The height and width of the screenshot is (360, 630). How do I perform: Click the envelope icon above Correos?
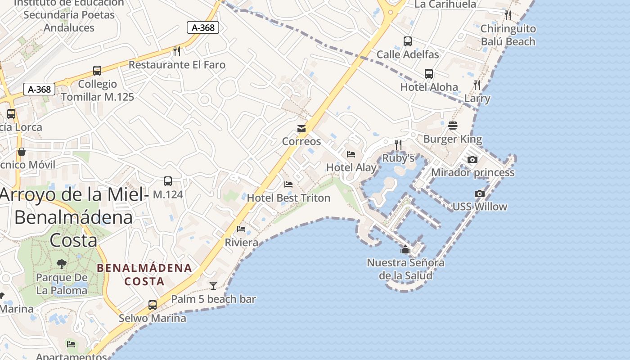pos(301,129)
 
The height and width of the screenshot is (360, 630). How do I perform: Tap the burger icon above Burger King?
pos(452,126)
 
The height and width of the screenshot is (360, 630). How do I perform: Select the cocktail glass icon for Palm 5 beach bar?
pos(213,285)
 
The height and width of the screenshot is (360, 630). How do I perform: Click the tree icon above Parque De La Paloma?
pos(62,264)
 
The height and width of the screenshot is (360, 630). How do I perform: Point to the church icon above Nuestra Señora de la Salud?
pos(405,249)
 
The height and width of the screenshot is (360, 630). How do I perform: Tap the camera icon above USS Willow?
pos(480,194)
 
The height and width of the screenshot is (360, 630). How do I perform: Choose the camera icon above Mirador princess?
pos(472,159)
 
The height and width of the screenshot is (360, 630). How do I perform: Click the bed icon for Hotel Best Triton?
pos(288,184)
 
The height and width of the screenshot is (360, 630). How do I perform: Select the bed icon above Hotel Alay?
pos(351,154)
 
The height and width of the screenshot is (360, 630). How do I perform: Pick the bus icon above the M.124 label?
pos(168,181)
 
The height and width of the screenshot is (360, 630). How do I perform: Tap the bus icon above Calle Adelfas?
pos(408,41)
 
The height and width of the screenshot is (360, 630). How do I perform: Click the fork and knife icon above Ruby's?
pos(398,144)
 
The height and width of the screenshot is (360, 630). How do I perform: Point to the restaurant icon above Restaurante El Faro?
pos(177,51)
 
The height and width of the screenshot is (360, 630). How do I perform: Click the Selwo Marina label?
pos(153,318)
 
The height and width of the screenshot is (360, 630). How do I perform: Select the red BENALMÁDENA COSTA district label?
pos(144,274)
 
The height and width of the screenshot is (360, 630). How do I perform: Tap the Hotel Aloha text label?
pos(429,87)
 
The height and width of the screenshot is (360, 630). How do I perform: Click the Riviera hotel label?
pos(242,243)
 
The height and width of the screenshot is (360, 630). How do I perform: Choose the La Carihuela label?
pos(445,4)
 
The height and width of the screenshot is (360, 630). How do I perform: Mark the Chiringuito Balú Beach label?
pos(508,35)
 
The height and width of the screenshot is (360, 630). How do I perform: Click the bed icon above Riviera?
pos(241,229)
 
